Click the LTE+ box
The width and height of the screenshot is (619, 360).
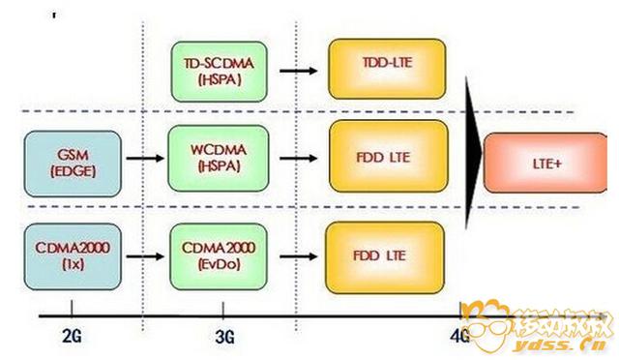pyautogui.click(x=546, y=165)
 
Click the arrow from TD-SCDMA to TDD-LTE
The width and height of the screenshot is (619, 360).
pyautogui.click(x=298, y=70)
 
